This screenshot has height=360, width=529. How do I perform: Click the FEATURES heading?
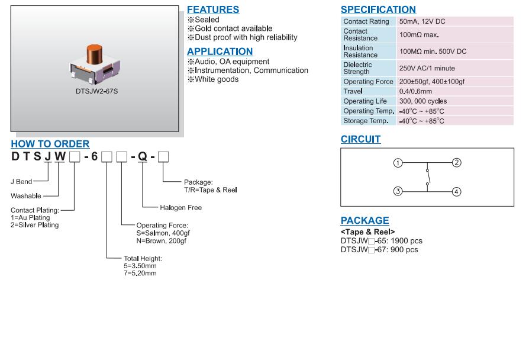(x=213, y=9)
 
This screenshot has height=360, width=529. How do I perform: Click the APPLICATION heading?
(x=220, y=52)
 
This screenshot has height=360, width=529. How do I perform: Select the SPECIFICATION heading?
(x=378, y=9)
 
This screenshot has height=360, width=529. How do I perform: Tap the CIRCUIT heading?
(x=360, y=139)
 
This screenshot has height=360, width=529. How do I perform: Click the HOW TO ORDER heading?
(x=50, y=144)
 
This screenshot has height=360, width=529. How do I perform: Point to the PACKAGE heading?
(x=365, y=221)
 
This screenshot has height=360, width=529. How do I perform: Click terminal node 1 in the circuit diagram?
(x=398, y=163)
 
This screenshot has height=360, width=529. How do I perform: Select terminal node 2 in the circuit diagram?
(x=456, y=163)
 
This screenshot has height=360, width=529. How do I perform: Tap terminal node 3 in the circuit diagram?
(x=398, y=191)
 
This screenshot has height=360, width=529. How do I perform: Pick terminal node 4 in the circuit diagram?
(x=456, y=191)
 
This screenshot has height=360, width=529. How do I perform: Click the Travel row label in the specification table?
(x=353, y=91)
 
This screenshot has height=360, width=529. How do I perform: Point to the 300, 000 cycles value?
(x=423, y=101)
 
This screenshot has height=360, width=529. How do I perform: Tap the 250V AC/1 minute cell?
(x=427, y=68)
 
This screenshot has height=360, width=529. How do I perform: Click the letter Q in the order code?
(x=143, y=157)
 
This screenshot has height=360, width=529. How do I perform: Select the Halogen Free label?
(x=180, y=208)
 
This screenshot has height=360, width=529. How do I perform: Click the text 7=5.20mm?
(x=140, y=273)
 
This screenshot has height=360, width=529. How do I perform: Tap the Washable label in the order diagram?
(x=27, y=196)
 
